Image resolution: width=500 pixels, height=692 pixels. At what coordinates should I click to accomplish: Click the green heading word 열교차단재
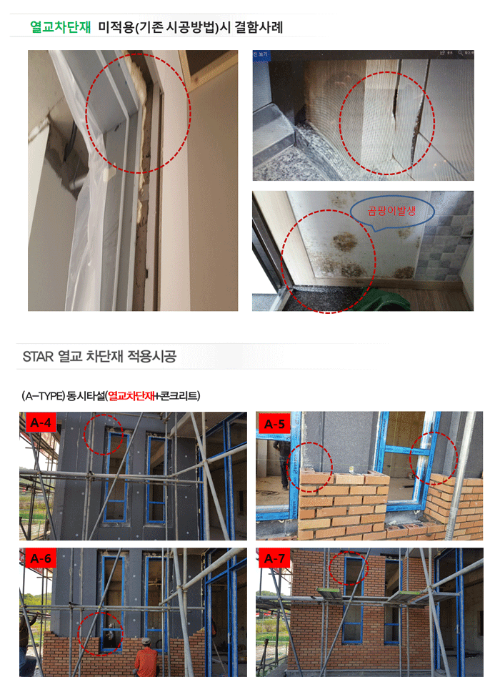click(x=61, y=27)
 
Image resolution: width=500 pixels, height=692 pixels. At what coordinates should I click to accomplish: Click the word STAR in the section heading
click(x=38, y=356)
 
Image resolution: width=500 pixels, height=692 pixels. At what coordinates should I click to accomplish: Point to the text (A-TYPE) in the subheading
click(x=43, y=396)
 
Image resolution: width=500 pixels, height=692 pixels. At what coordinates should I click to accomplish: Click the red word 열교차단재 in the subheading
click(x=131, y=396)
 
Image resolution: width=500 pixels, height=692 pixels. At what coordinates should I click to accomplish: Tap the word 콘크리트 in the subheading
click(x=179, y=396)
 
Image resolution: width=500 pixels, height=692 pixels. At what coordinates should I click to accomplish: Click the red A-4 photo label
click(x=40, y=422)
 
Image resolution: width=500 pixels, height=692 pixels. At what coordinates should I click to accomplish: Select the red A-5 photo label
click(x=274, y=424)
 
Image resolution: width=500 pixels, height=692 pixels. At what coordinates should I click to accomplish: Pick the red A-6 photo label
click(x=40, y=559)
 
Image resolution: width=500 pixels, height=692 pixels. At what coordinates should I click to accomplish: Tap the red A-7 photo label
click(x=274, y=559)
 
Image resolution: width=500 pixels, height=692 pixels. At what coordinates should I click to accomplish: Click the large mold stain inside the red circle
click(x=345, y=242)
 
